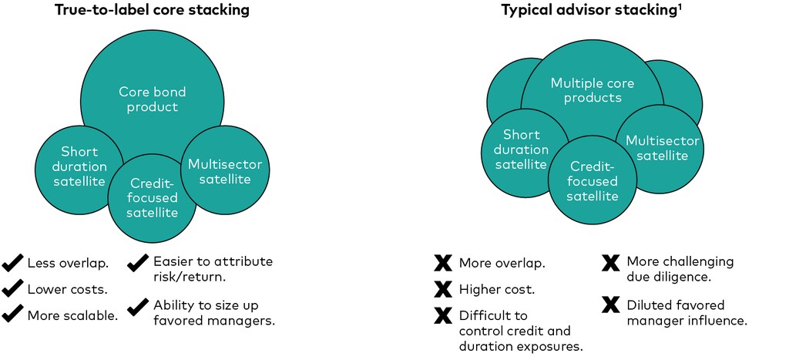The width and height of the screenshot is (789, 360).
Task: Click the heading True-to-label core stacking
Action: click(x=152, y=11)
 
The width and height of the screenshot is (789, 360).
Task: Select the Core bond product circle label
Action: click(x=152, y=99)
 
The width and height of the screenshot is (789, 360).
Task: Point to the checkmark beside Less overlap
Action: click(x=12, y=264)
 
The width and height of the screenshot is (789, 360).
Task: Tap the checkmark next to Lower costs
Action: click(x=12, y=289)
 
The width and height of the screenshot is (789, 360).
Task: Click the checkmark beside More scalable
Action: click(x=12, y=315)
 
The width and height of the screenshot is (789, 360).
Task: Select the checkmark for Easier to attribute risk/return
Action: click(x=139, y=264)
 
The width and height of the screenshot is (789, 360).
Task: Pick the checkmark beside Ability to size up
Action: click(x=139, y=307)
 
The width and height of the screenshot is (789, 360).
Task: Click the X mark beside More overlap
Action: click(x=443, y=264)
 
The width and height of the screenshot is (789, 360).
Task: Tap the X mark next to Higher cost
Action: click(x=443, y=290)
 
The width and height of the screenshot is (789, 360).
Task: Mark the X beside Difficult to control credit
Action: click(x=443, y=316)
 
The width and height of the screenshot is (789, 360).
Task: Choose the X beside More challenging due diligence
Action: click(x=610, y=263)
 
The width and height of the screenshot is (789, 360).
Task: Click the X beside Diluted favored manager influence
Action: click(x=610, y=305)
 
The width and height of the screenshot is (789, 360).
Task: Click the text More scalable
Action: click(x=73, y=315)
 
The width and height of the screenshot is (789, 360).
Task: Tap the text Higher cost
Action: click(x=497, y=290)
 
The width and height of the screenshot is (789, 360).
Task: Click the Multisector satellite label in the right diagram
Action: click(x=663, y=148)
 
